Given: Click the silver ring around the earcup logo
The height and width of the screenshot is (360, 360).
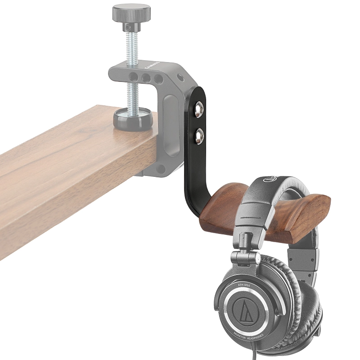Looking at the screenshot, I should tap(229, 310).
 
